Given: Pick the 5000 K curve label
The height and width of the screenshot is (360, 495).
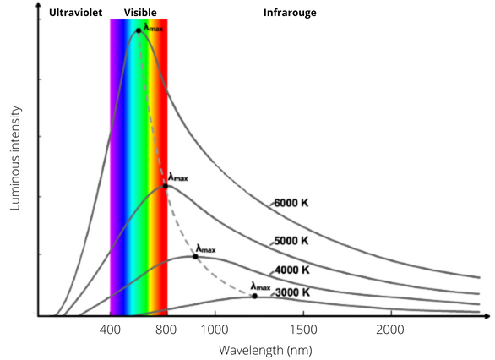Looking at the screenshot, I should [291, 241].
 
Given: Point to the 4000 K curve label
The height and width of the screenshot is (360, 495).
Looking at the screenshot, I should [291, 270].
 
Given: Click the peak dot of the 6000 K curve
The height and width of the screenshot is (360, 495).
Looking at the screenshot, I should [139, 30].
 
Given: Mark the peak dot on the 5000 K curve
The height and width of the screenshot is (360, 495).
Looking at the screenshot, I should [166, 185].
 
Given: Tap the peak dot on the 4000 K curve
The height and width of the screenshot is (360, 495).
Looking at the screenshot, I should [195, 256].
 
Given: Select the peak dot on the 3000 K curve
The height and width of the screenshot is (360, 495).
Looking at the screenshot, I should [254, 296].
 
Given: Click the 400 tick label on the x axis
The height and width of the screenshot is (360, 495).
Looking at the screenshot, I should [111, 329].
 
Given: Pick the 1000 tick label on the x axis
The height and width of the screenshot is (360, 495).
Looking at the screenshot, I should [215, 329].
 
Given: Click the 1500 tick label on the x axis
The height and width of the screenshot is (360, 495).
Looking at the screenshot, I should [302, 329].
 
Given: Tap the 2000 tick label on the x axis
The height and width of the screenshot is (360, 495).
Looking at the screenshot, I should [389, 329].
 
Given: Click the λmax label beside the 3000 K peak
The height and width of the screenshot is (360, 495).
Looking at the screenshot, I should [260, 286].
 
